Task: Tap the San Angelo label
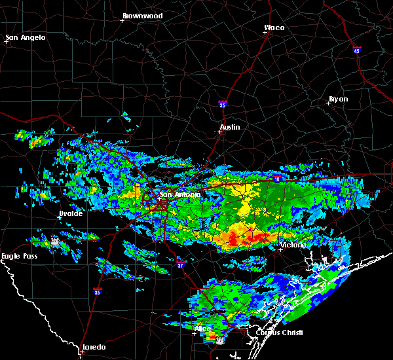26,37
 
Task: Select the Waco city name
274,27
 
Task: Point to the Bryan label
338,99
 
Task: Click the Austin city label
230,127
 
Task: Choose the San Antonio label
180,194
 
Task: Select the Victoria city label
291,245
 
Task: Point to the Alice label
203,329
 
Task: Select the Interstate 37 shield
180,264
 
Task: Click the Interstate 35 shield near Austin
223,103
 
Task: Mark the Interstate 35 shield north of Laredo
98,291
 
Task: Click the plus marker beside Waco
266,33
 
